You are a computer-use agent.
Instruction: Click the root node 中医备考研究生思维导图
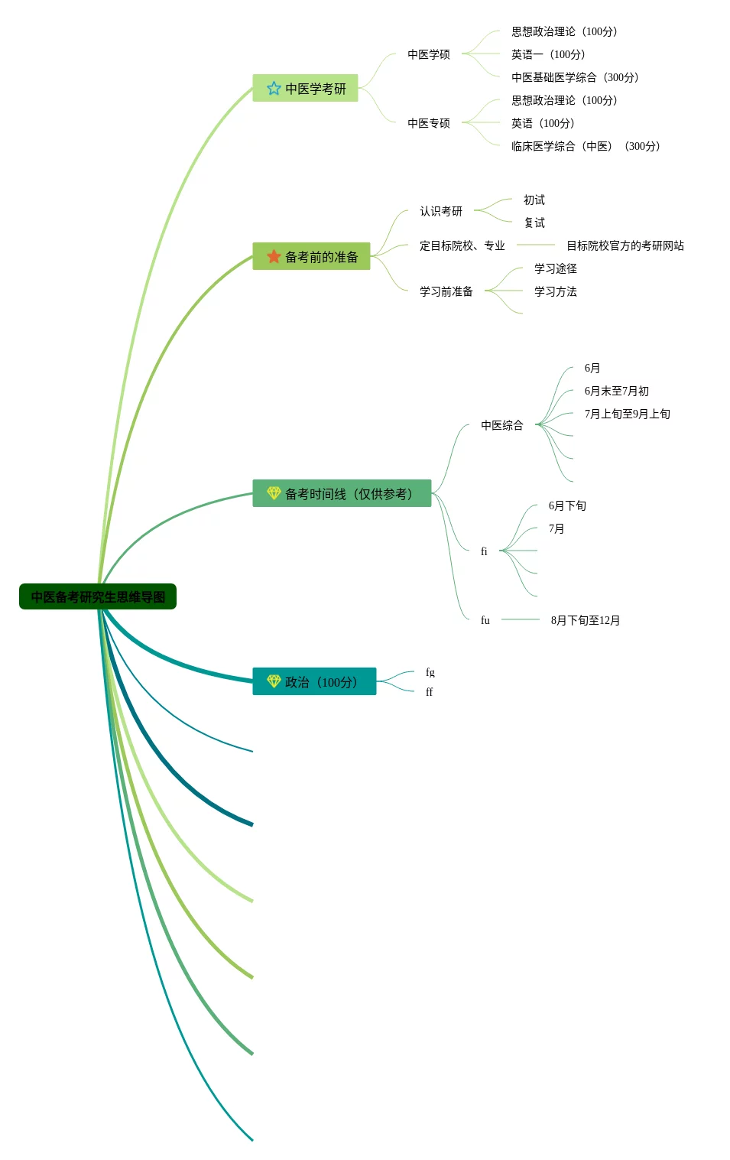point(98,596)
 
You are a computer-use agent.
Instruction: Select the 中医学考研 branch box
point(306,88)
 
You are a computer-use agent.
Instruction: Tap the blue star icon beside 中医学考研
point(274,88)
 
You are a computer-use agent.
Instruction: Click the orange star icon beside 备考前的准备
point(274,256)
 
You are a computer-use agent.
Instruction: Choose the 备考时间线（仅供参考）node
point(342,493)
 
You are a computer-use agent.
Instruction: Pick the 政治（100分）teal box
point(314,681)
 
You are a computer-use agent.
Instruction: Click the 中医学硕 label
point(428,54)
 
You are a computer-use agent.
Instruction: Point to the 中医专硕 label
point(428,123)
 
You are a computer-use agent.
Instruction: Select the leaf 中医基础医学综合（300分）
point(575,77)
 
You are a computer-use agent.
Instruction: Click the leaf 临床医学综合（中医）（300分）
point(586,146)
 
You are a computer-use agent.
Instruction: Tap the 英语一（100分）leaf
point(548,54)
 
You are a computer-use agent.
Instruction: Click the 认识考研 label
point(440,211)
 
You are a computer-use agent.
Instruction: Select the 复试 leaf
point(534,223)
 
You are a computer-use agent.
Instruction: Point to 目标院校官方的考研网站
point(625,245)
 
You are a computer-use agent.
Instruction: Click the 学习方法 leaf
point(555,291)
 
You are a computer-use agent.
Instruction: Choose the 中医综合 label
point(501,425)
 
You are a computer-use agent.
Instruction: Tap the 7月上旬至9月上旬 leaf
point(627,414)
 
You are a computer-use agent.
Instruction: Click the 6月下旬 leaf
point(567,505)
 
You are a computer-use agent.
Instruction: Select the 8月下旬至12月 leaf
point(585,620)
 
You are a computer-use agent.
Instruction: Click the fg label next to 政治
point(430,672)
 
